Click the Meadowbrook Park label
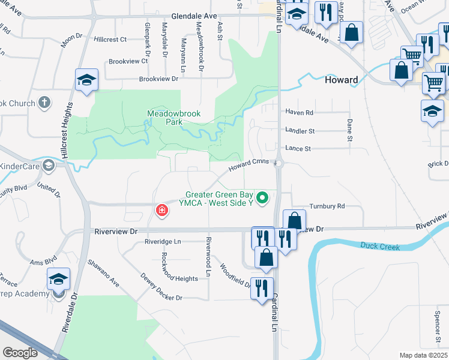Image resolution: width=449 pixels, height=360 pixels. pyautogui.click(x=174, y=117)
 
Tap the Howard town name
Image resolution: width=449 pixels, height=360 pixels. pyautogui.click(x=341, y=80)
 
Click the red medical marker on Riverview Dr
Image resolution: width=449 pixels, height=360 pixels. pyautogui.click(x=161, y=210)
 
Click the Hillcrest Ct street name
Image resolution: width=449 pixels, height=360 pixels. pyautogui.click(x=110, y=40)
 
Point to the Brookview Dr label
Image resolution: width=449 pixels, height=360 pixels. pyautogui.click(x=159, y=79)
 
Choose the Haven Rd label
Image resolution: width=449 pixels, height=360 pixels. pyautogui.click(x=300, y=112)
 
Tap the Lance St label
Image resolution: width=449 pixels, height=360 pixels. pyautogui.click(x=298, y=148)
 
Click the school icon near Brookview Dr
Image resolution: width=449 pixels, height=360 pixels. pyautogui.click(x=86, y=80)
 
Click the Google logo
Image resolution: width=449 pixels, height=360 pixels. pyautogui.click(x=20, y=353)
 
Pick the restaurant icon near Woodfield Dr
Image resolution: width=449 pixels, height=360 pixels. pyautogui.click(x=262, y=287)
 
